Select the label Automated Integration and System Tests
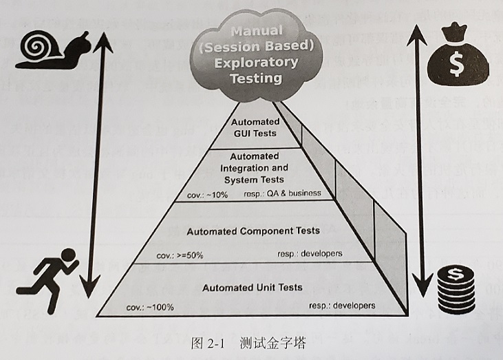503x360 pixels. click(x=251, y=168)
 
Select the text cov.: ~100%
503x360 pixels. click(x=149, y=307)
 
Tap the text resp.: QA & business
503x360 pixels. click(x=282, y=193)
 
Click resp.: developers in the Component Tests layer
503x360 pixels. click(x=312, y=254)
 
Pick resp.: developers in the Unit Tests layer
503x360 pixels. click(x=342, y=304)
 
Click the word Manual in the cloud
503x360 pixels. click(x=255, y=32)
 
